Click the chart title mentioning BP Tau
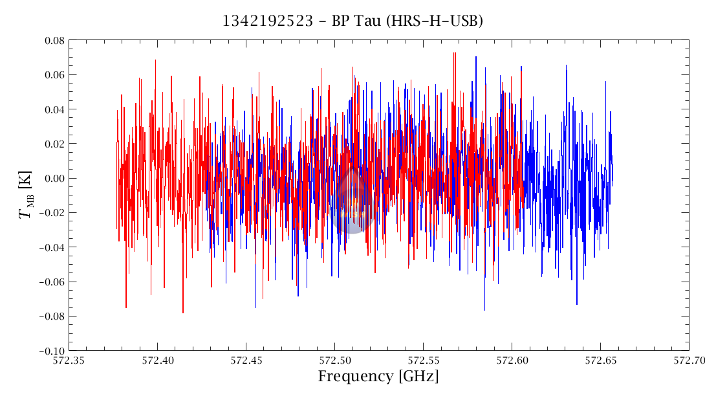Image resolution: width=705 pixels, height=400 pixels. click(352, 21)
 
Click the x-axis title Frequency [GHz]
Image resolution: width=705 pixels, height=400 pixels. click(378, 376)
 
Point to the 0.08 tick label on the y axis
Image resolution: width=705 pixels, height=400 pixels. click(49, 40)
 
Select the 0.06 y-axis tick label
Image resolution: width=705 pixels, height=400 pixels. click(49, 74)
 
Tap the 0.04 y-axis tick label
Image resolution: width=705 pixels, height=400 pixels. click(49, 109)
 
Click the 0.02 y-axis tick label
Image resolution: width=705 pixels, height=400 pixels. click(49, 144)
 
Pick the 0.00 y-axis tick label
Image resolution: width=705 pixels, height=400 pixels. click(49, 178)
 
